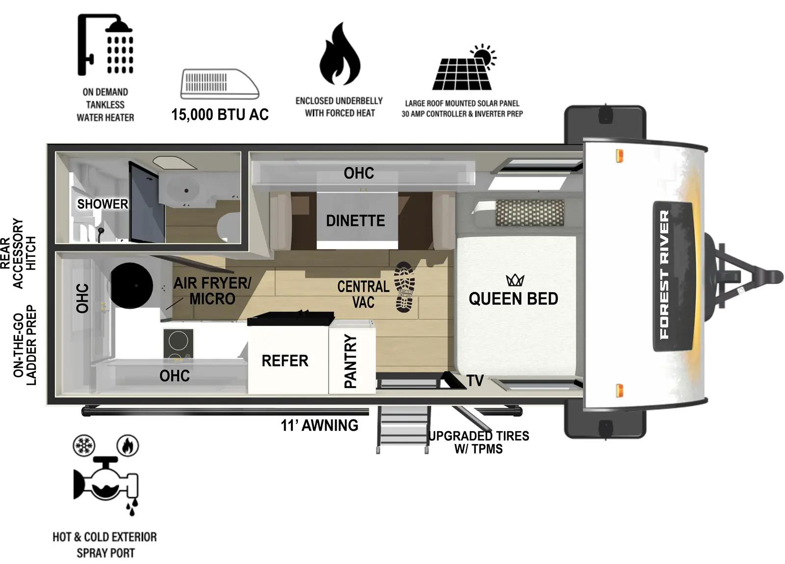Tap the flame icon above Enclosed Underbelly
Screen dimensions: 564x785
(x=340, y=55)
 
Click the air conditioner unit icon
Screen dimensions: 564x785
(x=219, y=84)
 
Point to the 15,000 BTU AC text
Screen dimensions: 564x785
(x=220, y=115)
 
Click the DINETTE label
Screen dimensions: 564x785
(x=356, y=221)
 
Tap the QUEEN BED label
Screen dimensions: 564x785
(x=513, y=298)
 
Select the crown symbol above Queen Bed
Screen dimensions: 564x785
(x=515, y=280)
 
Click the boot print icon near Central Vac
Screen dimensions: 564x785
(x=405, y=287)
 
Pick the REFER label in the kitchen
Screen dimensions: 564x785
(x=285, y=361)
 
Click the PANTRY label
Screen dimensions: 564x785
(x=350, y=361)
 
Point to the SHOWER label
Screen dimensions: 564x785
(x=103, y=204)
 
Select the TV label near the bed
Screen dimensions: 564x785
(x=475, y=380)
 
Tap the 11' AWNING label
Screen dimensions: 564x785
(x=319, y=425)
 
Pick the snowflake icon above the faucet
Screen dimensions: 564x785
(x=83, y=446)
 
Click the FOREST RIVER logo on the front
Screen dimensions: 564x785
(x=665, y=275)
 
